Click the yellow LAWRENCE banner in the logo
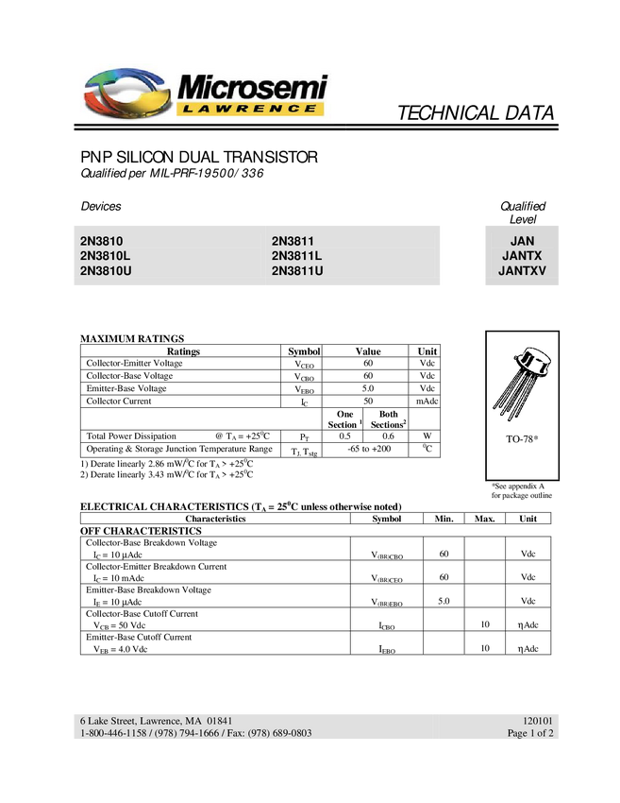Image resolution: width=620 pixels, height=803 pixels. pyautogui.click(x=250, y=109)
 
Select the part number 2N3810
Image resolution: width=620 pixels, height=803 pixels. pyautogui.click(x=102, y=242)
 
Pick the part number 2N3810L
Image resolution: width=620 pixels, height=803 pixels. pyautogui.click(x=105, y=256)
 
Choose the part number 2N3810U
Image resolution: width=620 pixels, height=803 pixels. pyautogui.click(x=106, y=271)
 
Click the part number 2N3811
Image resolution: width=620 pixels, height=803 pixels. pyautogui.click(x=293, y=242)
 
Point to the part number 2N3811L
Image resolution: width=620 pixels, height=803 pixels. pyautogui.click(x=296, y=256)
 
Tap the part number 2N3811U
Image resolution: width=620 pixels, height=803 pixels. pyautogui.click(x=297, y=271)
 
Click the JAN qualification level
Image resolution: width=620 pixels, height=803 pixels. pyautogui.click(x=522, y=242)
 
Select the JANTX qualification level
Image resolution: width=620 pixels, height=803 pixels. pyautogui.click(x=522, y=256)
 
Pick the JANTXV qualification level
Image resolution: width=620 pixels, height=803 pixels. pyautogui.click(x=522, y=271)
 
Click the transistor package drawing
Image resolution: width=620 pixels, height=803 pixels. pyautogui.click(x=522, y=384)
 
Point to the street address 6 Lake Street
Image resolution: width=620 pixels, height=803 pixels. pyautogui.click(x=110, y=720)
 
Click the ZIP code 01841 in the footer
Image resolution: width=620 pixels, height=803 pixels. pyautogui.click(x=219, y=720)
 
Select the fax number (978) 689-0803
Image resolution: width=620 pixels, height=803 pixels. pyautogui.click(x=279, y=733)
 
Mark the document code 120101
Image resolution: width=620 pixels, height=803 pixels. pyautogui.click(x=538, y=720)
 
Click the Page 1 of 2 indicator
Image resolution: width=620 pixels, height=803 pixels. pyautogui.click(x=530, y=733)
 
